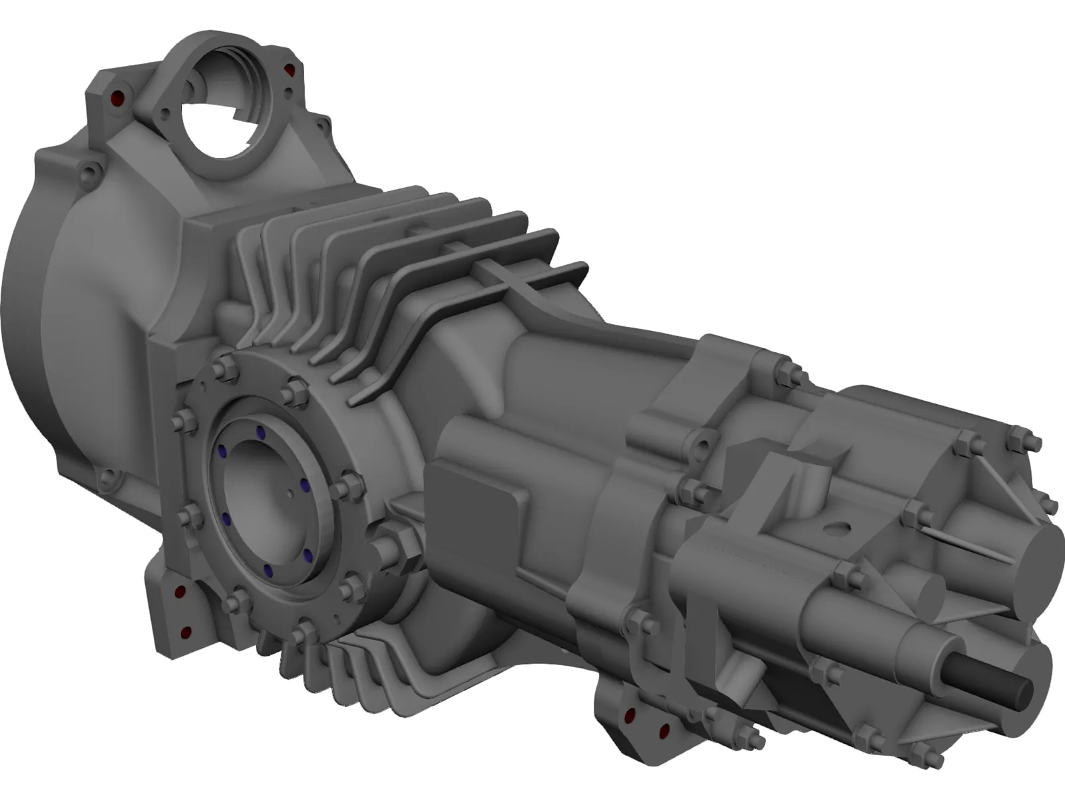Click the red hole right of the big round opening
click(288, 69)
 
